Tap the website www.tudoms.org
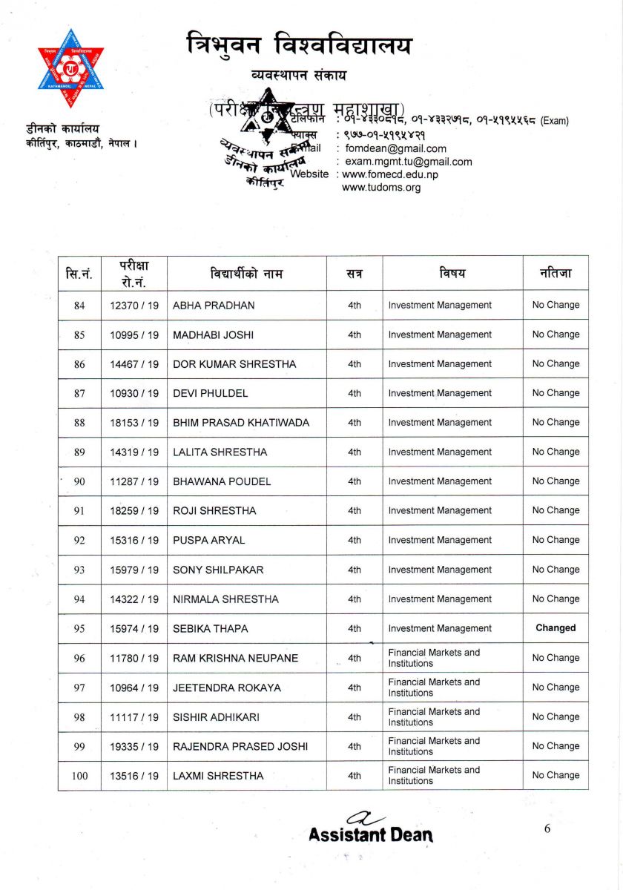(x=381, y=188)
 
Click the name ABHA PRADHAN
(x=214, y=305)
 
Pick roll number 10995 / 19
(x=134, y=334)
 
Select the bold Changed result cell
(x=556, y=628)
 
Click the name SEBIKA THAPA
(x=211, y=628)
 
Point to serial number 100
(x=79, y=776)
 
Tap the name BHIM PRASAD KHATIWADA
(x=241, y=423)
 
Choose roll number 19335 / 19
(x=134, y=746)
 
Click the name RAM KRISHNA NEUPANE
(x=235, y=658)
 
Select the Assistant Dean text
(x=371, y=835)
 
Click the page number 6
(x=547, y=829)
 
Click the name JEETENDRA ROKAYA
(x=227, y=688)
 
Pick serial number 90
(x=79, y=481)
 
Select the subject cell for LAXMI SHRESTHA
(x=434, y=775)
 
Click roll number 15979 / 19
(x=134, y=570)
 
